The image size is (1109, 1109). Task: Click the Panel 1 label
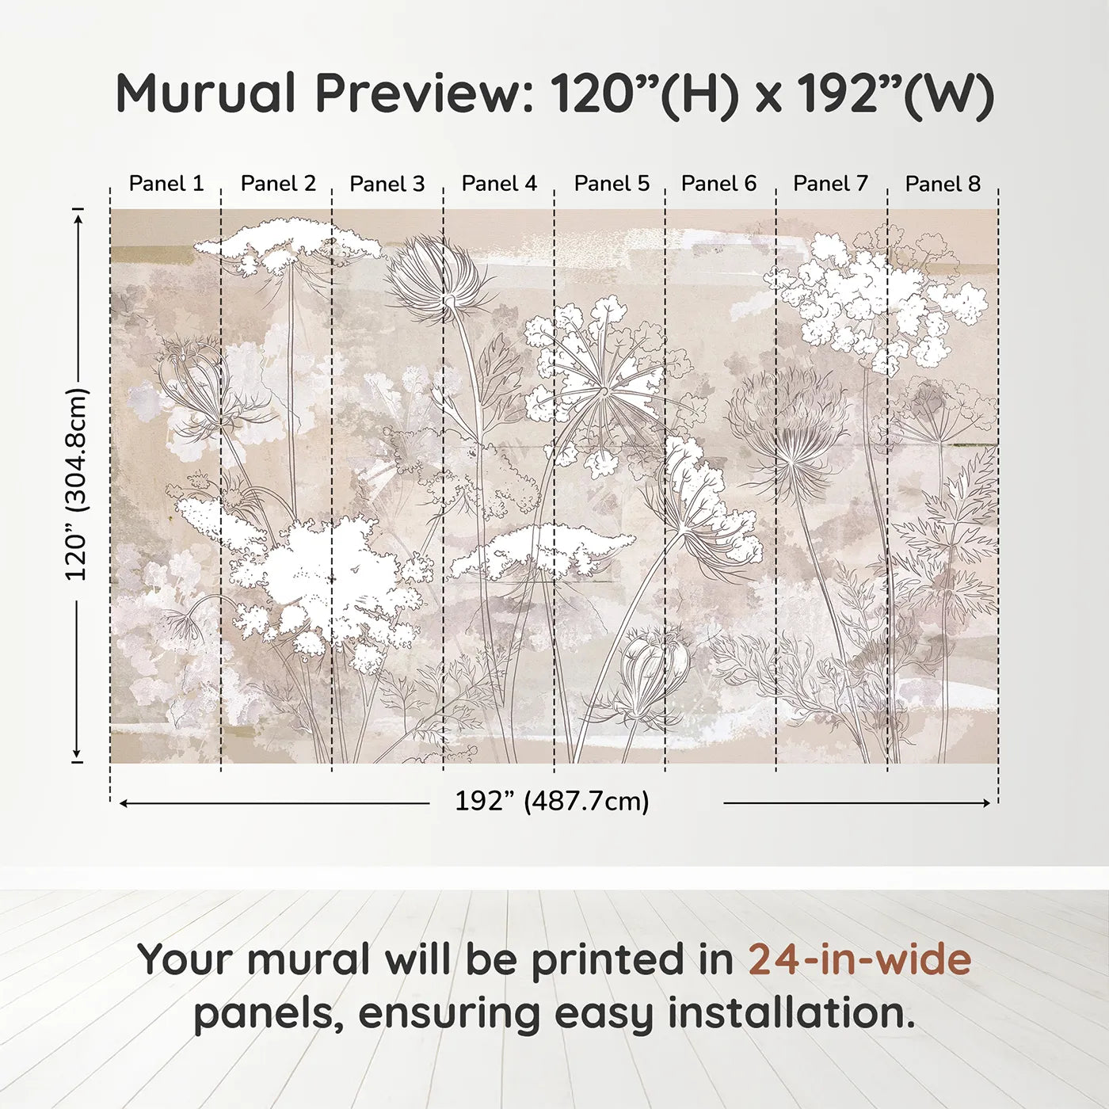166,184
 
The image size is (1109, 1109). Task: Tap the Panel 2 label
278,184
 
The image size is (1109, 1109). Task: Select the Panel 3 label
387,184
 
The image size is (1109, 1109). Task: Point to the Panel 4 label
499,184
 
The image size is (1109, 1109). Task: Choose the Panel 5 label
612,184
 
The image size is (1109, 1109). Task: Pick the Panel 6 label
718,184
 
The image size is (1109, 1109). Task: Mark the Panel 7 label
830,184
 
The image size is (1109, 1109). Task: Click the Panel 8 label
943,184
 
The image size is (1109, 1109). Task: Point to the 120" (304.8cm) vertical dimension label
76,485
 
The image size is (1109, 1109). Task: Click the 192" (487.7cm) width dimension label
551,802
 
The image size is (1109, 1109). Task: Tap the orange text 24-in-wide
859,959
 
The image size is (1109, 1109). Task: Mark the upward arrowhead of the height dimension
78,216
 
